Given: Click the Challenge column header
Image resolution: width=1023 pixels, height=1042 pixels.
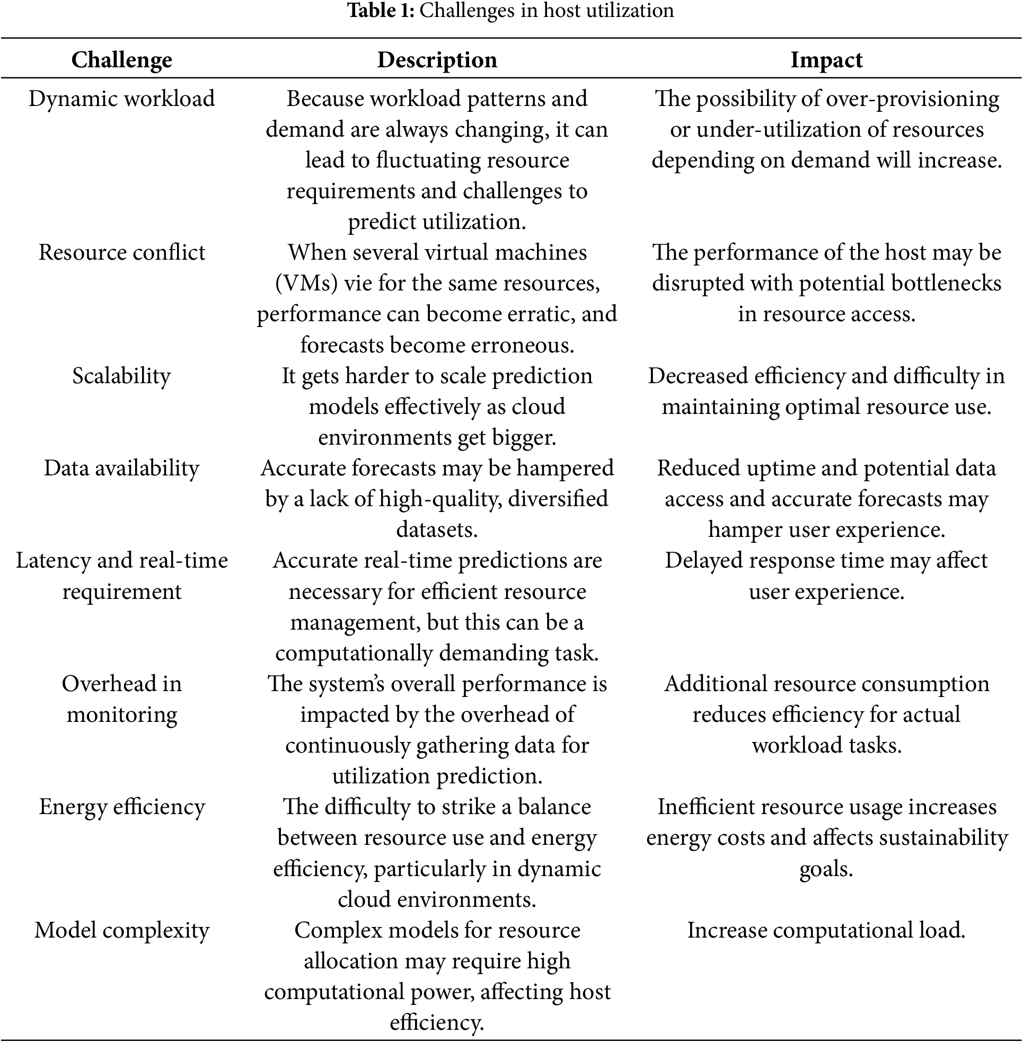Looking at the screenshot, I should click(121, 59).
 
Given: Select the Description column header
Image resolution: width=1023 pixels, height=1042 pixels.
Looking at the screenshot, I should click(437, 59).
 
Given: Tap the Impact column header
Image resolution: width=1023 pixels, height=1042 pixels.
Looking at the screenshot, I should click(826, 59).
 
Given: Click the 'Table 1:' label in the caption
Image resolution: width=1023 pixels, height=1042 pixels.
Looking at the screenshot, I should click(381, 10).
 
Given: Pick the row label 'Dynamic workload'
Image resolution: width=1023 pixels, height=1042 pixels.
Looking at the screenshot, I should click(121, 99).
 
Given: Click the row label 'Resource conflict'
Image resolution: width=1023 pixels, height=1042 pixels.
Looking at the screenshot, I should click(121, 252).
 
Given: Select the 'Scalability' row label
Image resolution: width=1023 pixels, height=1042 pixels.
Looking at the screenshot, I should click(121, 376).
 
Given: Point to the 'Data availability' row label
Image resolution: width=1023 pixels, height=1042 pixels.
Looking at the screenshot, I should click(121, 469).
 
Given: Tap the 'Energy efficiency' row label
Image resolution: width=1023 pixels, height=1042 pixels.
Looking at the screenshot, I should click(121, 807).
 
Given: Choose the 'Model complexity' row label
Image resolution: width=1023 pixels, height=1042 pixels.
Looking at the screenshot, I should click(121, 930).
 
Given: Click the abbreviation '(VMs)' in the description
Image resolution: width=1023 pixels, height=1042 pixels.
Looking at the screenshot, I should click(306, 284).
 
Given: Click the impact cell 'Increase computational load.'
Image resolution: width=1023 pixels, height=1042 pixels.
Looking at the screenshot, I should click(826, 930).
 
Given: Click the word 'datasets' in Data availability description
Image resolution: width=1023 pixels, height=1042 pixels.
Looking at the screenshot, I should click(436, 530).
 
